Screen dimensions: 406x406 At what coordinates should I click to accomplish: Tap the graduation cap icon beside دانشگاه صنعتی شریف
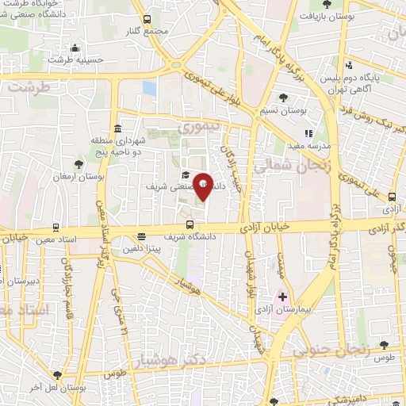[x=185, y=175]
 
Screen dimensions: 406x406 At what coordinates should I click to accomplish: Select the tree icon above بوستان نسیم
[x=283, y=98]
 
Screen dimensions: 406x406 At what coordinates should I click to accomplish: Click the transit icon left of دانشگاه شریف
[x=141, y=236]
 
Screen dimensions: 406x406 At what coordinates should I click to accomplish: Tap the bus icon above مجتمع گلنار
[x=146, y=19]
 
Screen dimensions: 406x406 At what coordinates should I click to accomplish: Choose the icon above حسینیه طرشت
[x=75, y=48]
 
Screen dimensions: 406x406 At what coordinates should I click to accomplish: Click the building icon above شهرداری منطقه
[x=117, y=129]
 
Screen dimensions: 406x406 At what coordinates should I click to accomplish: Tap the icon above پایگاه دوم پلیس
[x=348, y=67]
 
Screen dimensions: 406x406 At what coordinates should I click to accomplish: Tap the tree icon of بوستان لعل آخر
[x=56, y=371]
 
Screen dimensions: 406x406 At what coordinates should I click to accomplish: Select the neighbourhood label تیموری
[x=195, y=127]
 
